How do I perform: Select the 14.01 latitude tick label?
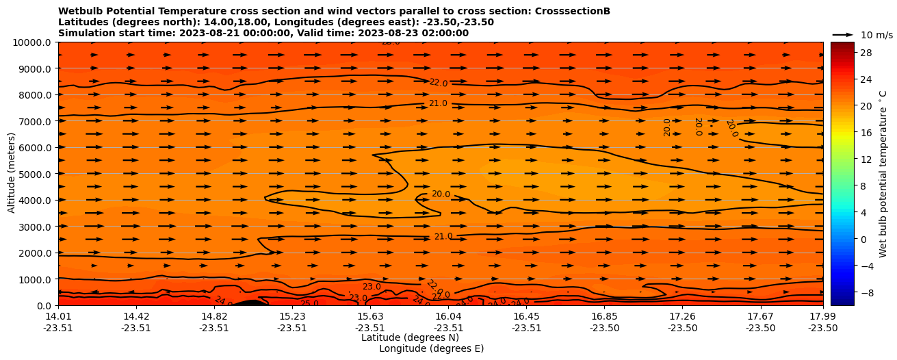point(58,317)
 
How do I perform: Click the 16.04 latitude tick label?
point(448,317)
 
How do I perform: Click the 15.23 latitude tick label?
point(292,317)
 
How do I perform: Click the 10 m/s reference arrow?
point(842,34)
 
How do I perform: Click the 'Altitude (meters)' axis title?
point(12,174)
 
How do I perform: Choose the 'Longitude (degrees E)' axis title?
point(431,348)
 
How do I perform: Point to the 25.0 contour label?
point(309,304)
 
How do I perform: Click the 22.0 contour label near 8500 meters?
point(438,83)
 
